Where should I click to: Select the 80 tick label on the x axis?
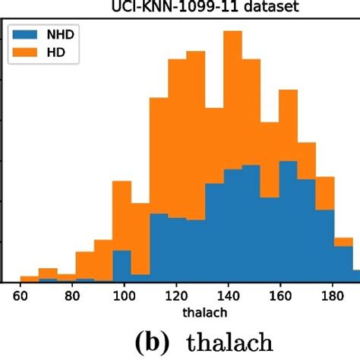pyautogui.click(x=72, y=296)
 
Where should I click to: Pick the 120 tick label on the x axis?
pyautogui.click(x=176, y=296)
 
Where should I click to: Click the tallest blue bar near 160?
pyautogui.click(x=288, y=220)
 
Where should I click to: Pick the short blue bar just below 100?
pyautogui.click(x=122, y=266)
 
